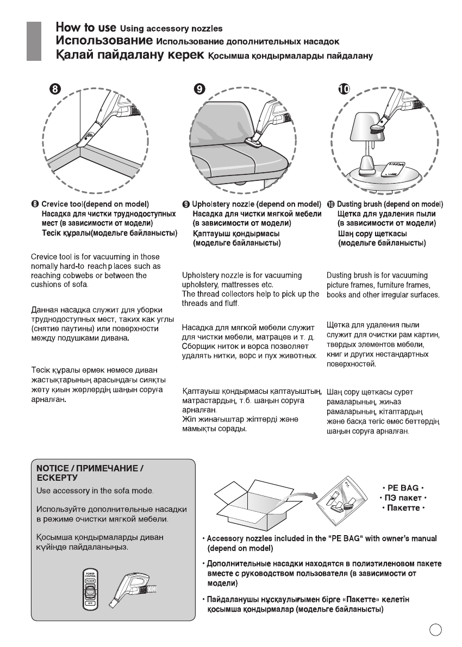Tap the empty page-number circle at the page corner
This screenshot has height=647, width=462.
tap(435, 630)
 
